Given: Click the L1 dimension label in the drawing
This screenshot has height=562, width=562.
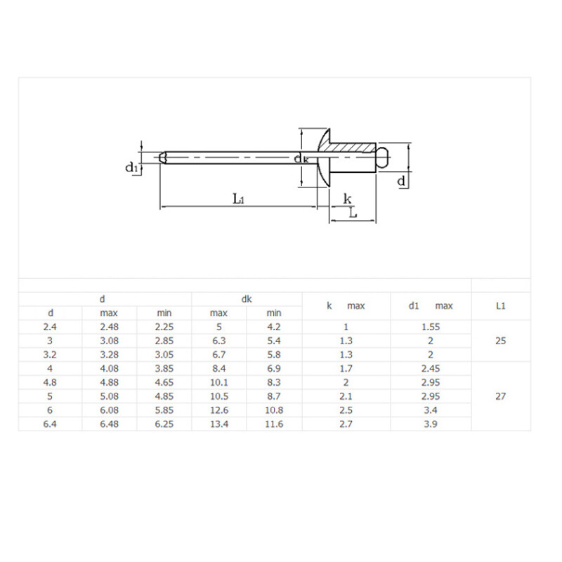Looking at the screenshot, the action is coord(238,198).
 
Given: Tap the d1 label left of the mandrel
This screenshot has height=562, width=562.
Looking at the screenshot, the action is coord(131,167).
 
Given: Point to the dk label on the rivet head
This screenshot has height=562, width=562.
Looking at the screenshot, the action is coord(301,158).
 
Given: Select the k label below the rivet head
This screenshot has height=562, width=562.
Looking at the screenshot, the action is coord(347,199).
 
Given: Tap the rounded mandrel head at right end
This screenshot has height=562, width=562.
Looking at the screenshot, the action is coord(384,157).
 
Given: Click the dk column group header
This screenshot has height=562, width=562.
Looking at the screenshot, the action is coord(247,299).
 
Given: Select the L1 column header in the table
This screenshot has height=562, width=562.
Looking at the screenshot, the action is coord(501,306).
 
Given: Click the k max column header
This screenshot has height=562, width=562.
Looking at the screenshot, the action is coord(346,306).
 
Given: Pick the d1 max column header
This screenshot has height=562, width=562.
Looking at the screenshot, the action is coord(431,306).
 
